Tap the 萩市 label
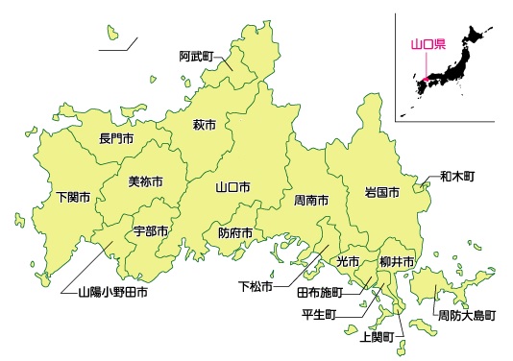203,125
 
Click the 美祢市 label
145,181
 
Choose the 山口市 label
233,187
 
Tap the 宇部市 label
151,231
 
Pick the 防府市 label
235,232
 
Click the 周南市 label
311,201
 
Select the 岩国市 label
381,192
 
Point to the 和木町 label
457,177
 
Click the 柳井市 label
396,261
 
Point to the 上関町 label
377,336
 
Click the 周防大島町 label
467,315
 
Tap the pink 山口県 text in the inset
423,44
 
